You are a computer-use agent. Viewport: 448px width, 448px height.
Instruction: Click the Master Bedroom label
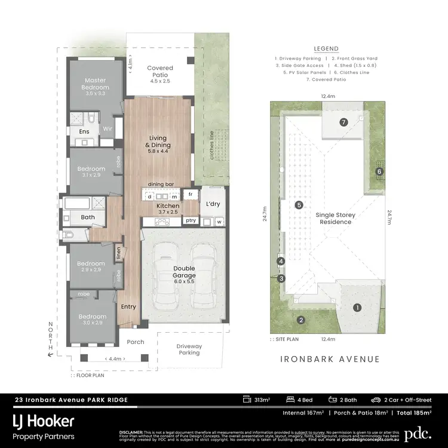pyautogui.click(x=96, y=84)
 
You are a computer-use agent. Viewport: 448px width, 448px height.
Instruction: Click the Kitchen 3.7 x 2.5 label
pyautogui.click(x=151, y=208)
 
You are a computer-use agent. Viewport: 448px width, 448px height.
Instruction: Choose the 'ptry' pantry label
pyautogui.click(x=191, y=221)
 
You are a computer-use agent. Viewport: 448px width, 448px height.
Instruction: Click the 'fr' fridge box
pyautogui.click(x=191, y=195)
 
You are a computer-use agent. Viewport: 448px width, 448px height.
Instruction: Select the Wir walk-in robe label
pyautogui.click(x=108, y=128)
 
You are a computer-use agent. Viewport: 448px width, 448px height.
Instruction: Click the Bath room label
pyautogui.click(x=88, y=217)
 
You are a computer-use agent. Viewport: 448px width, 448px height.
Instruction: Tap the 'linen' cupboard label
pyautogui.click(x=119, y=253)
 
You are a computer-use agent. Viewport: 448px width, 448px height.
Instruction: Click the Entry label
pyautogui.click(x=128, y=306)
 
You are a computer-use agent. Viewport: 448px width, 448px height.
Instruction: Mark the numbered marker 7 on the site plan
pyautogui.click(x=343, y=122)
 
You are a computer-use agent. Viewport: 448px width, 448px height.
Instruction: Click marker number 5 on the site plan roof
pyautogui.click(x=299, y=205)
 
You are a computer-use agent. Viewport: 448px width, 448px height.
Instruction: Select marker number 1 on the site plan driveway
pyautogui.click(x=357, y=308)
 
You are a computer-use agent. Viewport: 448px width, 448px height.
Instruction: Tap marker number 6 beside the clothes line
pyautogui.click(x=379, y=172)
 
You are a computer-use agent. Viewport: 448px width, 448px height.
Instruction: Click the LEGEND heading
pyautogui.click(x=326, y=49)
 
